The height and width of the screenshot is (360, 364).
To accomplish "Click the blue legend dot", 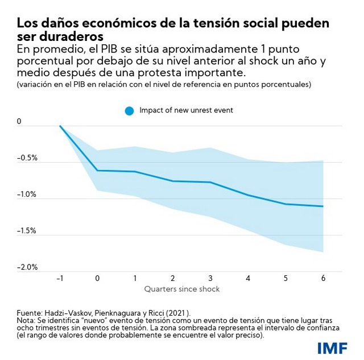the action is tap(129, 111).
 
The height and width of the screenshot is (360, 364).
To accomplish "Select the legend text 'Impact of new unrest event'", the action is tap(186, 110).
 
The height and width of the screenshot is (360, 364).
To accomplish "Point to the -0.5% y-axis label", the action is tap(27, 158).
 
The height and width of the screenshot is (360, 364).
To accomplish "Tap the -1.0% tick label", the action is tap(27, 195).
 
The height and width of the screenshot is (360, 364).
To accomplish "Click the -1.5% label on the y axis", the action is tap(27, 231).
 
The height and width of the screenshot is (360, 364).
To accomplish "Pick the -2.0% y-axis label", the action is tap(27, 267).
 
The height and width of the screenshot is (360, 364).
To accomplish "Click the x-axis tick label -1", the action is tap(60, 278).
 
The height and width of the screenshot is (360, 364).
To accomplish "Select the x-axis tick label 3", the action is tap(210, 278).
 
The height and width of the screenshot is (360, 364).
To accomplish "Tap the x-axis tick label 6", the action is tap(323, 278).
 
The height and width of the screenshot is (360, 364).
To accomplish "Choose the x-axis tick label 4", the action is tap(248, 278).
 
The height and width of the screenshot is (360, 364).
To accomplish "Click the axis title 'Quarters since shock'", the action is tap(182, 289).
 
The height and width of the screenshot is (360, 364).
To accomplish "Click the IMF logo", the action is tap(332, 348).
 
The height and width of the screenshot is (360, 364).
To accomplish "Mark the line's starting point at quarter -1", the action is tap(60, 126).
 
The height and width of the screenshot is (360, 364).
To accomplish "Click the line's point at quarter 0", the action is tap(97, 171).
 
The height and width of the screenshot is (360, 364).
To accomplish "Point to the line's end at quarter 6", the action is tap(322, 206).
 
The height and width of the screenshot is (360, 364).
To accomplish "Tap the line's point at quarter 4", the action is tap(248, 195).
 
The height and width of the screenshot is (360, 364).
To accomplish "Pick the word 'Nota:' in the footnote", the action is tap(26, 321).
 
